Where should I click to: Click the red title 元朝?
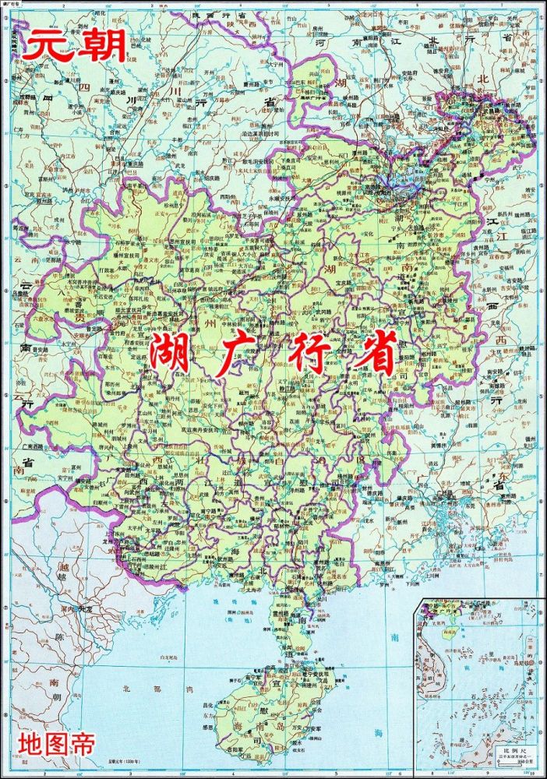pos(74,46)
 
